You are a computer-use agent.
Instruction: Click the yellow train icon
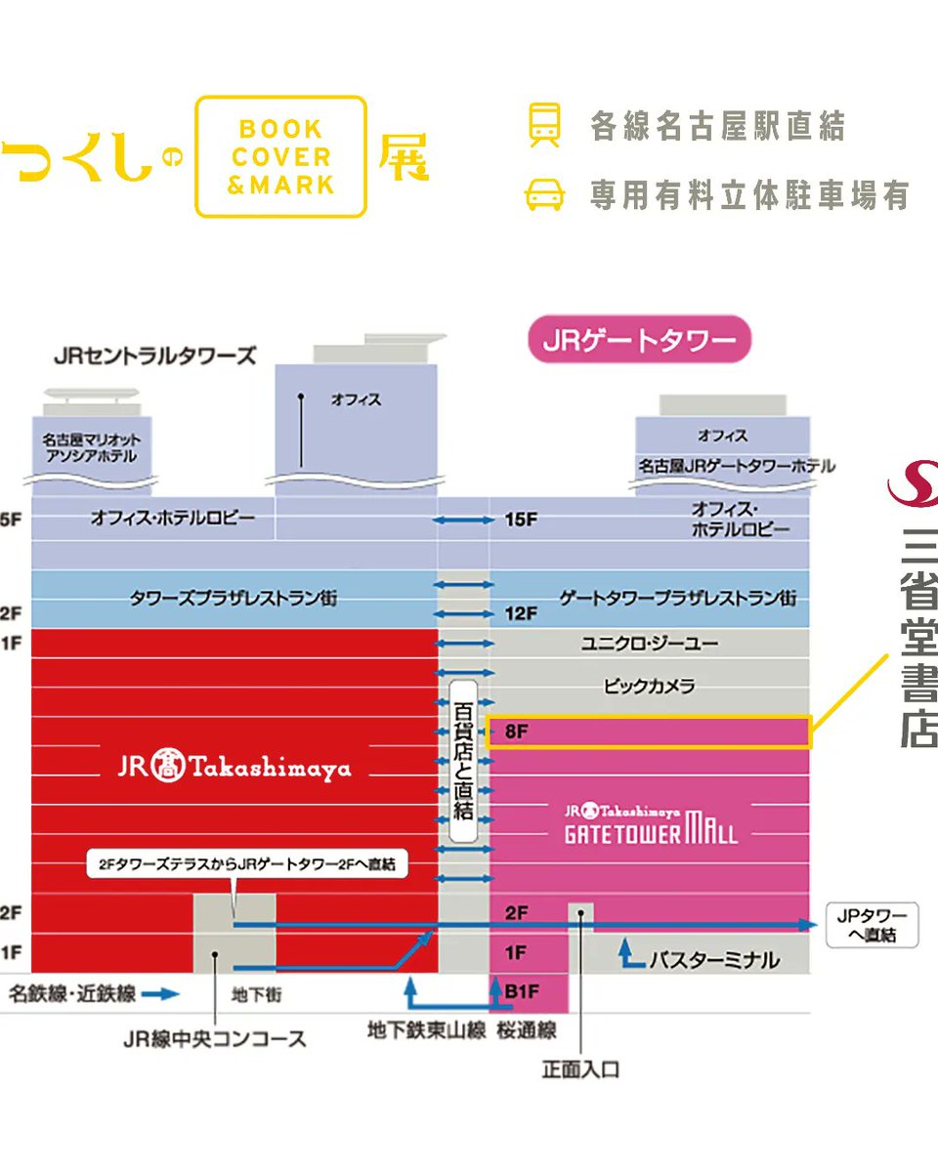545,125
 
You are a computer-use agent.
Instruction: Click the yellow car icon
545,194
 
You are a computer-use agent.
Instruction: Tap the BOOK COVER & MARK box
280,156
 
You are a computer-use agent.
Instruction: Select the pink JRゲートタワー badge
639,340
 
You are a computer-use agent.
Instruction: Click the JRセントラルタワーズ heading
155,356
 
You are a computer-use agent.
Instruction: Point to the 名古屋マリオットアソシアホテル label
91,448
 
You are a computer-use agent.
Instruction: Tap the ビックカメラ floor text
649,687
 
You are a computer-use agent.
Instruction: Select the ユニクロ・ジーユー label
649,644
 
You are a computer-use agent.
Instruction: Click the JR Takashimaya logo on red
234,768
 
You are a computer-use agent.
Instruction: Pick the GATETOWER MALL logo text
651,825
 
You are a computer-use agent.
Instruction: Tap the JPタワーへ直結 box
873,924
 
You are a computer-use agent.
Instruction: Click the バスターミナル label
714,960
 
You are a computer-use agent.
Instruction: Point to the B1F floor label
521,991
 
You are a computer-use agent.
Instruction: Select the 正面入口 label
580,1069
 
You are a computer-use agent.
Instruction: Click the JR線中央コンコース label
215,1039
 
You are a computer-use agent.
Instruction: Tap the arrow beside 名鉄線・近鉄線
160,995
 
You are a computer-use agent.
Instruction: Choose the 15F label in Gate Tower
521,520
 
